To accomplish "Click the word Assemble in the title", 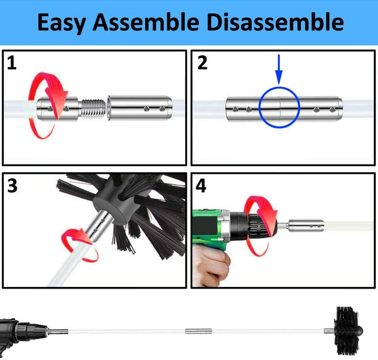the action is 146,22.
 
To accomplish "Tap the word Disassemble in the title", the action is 275,22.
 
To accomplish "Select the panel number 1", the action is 12,63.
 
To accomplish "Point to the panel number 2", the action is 202,63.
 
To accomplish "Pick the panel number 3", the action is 12,186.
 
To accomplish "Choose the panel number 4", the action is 201,186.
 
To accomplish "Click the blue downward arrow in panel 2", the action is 279,69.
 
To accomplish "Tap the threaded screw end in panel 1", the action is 93,108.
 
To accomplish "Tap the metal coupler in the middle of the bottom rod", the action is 198,331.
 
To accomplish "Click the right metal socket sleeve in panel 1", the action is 140,108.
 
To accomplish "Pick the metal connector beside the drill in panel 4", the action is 306,226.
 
